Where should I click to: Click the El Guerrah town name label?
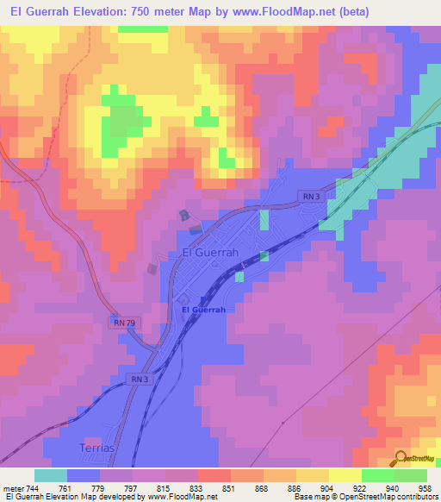tap(213, 253)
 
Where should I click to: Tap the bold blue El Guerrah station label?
tap(203, 310)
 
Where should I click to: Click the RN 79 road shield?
tap(123, 322)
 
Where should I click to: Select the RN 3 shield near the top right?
tap(312, 198)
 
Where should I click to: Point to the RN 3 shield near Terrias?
tap(140, 379)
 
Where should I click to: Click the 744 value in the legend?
tap(33, 489)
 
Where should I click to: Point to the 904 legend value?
tap(315, 489)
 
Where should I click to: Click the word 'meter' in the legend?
tap(12, 489)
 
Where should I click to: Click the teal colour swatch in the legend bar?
tap(51, 475)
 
